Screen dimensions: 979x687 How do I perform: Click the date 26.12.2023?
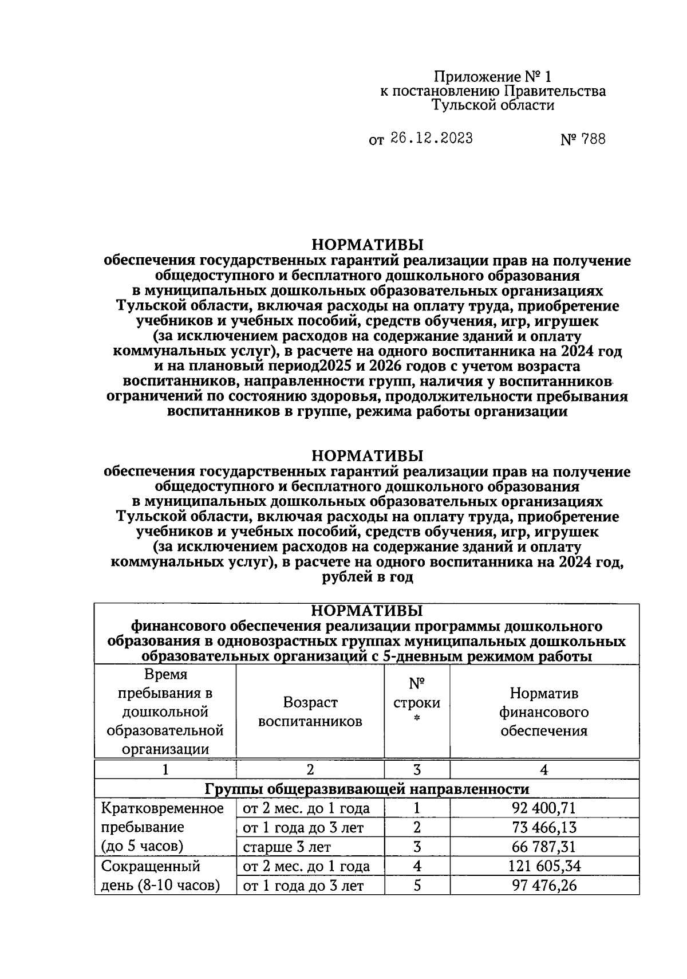(432, 139)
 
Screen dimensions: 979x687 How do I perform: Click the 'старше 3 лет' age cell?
(287, 847)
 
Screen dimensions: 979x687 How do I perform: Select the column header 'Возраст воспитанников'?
(310, 712)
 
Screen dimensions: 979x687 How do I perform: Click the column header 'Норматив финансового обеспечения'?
(543, 712)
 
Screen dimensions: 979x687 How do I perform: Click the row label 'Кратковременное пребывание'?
(162, 818)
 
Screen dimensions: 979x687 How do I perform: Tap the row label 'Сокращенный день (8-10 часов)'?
(160, 876)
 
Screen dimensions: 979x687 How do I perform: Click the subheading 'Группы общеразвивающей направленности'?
(367, 789)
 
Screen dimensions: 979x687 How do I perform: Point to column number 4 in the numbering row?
(544, 770)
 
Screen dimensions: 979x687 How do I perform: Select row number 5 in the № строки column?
(417, 886)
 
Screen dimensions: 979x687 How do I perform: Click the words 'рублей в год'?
(367, 578)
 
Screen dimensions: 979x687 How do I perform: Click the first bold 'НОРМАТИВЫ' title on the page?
(367, 245)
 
